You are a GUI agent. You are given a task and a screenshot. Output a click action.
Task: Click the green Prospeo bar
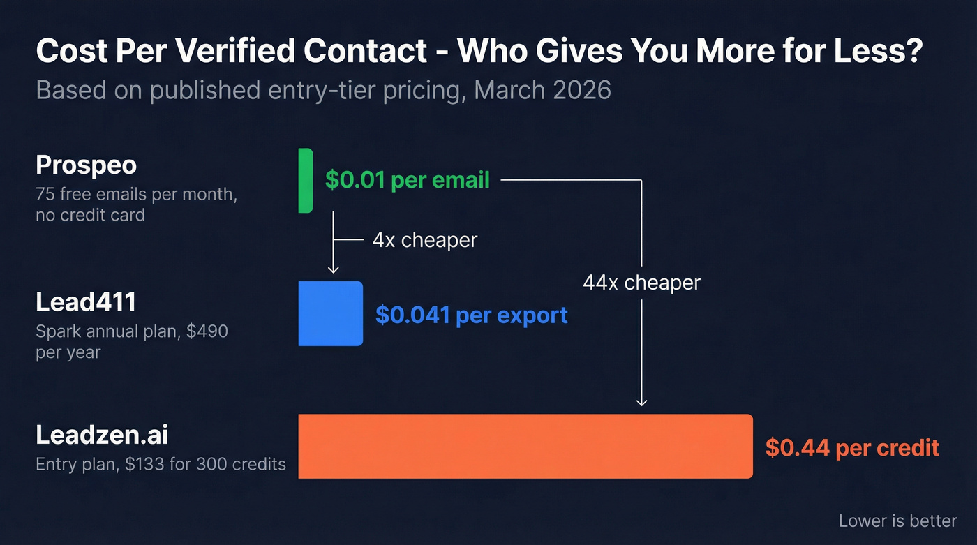[x=305, y=180]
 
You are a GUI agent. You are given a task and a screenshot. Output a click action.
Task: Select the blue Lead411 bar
[x=330, y=313]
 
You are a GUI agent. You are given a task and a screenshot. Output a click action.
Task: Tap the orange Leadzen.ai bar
[x=525, y=446]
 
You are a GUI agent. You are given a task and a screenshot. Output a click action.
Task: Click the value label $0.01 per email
[x=407, y=180]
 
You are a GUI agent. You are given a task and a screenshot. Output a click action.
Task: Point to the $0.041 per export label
[x=471, y=315]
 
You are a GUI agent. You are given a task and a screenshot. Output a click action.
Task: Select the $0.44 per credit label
[x=851, y=447]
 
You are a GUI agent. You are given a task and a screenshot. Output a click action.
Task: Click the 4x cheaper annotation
[x=424, y=240]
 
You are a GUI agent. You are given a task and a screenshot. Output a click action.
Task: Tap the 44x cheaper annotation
[x=641, y=283]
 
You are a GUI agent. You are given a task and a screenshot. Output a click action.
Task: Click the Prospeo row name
[x=86, y=165]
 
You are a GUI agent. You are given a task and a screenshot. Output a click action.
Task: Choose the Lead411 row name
[x=86, y=302]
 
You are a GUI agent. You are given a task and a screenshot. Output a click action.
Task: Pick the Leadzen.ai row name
[x=102, y=435]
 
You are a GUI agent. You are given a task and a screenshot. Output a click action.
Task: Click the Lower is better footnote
[x=897, y=521]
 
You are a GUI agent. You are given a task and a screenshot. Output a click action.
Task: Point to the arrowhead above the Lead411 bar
[x=333, y=269]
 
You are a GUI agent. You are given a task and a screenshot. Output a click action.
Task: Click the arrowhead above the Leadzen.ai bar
[x=642, y=401]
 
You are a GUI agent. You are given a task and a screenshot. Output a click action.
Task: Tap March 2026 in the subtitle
[x=543, y=91]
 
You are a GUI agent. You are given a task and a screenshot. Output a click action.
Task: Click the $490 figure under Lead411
[x=207, y=331]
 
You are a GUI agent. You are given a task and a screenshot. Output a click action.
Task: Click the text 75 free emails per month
[x=136, y=195]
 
